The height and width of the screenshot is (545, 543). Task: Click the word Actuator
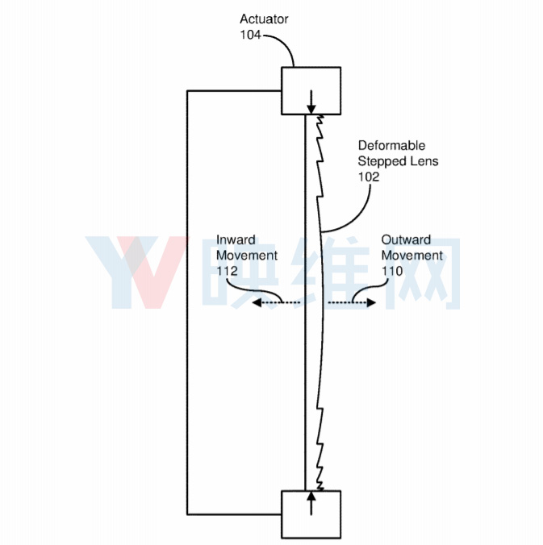click(x=264, y=19)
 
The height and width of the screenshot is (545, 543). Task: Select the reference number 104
click(x=250, y=35)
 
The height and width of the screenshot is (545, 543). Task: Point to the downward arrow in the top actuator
click(x=311, y=102)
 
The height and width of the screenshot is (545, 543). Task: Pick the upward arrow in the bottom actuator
click(x=311, y=503)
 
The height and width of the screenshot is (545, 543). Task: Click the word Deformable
click(x=391, y=145)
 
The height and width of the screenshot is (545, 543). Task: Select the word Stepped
click(x=380, y=161)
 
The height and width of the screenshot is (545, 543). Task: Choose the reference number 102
click(x=369, y=177)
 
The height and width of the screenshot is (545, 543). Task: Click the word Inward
click(x=236, y=239)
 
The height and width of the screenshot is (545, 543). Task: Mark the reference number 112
click(x=228, y=271)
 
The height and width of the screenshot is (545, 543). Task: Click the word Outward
click(x=406, y=239)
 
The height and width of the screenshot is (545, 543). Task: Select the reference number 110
click(x=392, y=271)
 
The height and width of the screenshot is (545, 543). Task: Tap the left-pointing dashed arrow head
click(x=257, y=303)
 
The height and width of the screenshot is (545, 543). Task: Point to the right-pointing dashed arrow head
click(x=371, y=303)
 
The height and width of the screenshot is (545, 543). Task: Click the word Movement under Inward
click(x=247, y=255)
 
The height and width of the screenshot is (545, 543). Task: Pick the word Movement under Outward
click(x=412, y=255)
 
